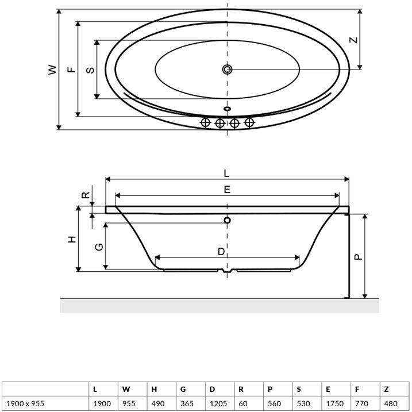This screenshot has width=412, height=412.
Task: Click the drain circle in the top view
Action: click(x=227, y=70)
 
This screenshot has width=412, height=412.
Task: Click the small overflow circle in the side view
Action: click(x=228, y=220)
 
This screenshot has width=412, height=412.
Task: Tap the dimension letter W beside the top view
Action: click(x=52, y=70)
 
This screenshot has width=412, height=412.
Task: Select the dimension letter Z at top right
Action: click(x=353, y=40)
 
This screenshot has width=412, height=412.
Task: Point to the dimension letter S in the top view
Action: click(x=90, y=70)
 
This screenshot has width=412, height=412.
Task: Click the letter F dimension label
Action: click(x=71, y=70)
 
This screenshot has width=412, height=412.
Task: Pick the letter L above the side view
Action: click(x=226, y=174)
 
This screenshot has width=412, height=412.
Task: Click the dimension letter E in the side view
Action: click(x=227, y=190)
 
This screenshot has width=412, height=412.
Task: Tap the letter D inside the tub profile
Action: click(x=221, y=252)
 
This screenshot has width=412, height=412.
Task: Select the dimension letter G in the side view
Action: click(x=99, y=247)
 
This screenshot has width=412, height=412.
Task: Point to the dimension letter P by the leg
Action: click(x=358, y=256)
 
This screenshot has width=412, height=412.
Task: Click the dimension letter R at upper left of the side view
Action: click(x=86, y=195)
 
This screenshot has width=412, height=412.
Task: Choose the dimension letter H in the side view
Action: click(x=72, y=240)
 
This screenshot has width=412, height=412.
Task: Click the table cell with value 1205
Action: click(x=218, y=403)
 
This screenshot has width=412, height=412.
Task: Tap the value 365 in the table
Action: click(x=187, y=403)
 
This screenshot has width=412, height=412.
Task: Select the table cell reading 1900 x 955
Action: click(x=25, y=403)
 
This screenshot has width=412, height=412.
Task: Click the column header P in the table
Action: click(x=270, y=389)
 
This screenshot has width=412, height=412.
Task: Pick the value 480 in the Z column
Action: click(x=391, y=403)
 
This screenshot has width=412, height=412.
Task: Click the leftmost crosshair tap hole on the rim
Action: click(x=205, y=122)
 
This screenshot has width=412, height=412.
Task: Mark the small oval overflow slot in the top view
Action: click(x=228, y=108)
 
